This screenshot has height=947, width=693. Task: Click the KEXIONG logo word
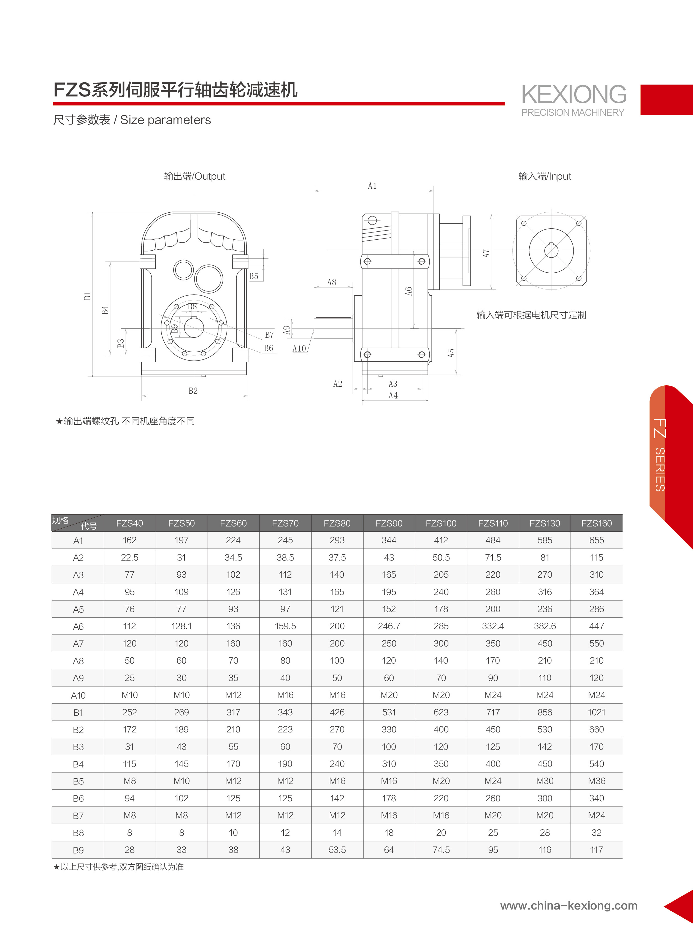573,94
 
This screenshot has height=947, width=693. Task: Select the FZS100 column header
441,523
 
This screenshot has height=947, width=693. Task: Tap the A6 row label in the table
78,627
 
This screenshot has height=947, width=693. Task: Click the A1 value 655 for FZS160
597,540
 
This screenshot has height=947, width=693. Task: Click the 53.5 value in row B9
337,850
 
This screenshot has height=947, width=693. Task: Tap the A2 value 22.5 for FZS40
130,558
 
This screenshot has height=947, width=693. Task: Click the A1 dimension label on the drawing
372,186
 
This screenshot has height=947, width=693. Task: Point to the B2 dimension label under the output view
193,391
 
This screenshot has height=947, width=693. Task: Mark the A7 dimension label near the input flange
486,253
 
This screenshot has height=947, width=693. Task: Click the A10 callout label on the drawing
299,348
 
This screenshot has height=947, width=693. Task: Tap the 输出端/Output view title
195,176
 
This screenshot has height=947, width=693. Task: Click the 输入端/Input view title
545,176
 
